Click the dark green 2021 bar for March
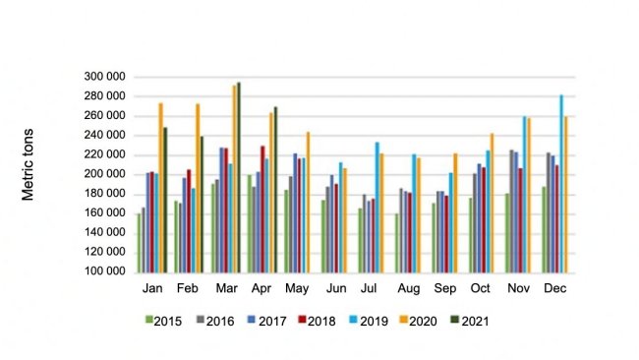click(x=239, y=177)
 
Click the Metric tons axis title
click(x=29, y=164)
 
